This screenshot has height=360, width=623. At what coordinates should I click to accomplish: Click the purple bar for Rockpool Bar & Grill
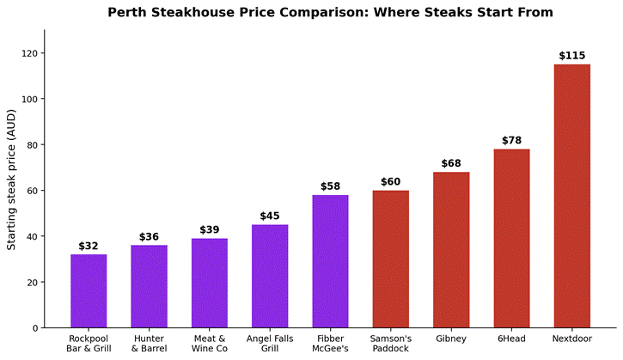coord(89,291)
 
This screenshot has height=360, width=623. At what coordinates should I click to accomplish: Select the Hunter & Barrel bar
coord(149,286)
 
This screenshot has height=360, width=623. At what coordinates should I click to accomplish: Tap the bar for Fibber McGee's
coord(330,261)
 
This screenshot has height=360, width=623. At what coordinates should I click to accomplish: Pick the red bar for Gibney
coord(451,250)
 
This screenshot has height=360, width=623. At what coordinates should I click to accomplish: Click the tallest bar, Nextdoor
coord(572,196)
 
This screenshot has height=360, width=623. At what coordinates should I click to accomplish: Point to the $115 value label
coord(572,56)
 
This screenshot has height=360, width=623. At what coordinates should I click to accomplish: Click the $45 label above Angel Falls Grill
coord(270,216)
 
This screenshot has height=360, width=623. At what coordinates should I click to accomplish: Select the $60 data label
coord(391,181)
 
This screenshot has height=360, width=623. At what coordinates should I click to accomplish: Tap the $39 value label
coord(210,229)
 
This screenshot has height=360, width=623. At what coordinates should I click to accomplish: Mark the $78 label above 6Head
coord(512,140)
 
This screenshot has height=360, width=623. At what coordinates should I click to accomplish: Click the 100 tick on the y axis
coord(30,99)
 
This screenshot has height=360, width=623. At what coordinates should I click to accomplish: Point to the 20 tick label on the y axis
coord(33,282)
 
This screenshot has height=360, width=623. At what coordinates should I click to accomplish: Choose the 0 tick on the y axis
coord(36,328)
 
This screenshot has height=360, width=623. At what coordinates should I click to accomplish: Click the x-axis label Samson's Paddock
coord(391,344)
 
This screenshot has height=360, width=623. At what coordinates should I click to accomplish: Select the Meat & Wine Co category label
coord(210,344)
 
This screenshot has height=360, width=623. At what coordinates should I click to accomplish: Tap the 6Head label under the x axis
coord(512,339)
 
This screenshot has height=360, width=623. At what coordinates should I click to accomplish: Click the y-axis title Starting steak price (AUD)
coord(11,180)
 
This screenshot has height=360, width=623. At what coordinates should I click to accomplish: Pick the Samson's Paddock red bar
coord(391,259)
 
